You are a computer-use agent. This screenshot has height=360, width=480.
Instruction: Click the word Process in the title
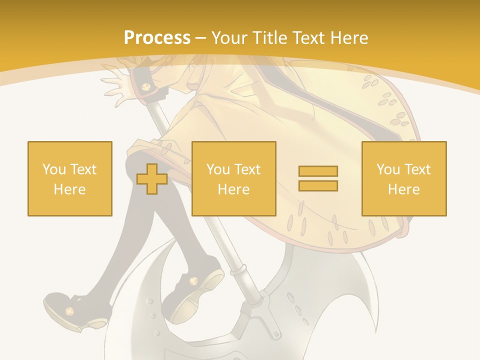click(x=157, y=37)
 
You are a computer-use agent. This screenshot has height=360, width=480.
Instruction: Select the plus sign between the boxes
click(x=152, y=178)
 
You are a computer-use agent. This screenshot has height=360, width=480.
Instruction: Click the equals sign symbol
click(x=318, y=178)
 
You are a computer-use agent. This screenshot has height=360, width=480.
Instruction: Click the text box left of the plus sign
click(x=70, y=178)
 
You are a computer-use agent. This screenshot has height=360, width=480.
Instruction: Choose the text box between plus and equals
click(x=234, y=178)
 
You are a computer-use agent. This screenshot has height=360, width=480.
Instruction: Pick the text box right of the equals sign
click(x=404, y=178)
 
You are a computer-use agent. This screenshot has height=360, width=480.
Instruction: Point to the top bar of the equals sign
click(x=318, y=171)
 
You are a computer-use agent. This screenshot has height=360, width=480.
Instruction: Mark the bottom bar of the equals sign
click(x=318, y=186)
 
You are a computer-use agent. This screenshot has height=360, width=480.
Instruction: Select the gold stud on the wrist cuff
click(x=146, y=87)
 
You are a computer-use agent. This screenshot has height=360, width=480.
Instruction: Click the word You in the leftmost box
click(x=54, y=169)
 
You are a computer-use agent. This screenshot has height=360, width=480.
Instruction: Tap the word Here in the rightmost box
click(x=404, y=189)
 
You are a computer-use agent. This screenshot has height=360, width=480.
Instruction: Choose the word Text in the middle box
click(x=247, y=169)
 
